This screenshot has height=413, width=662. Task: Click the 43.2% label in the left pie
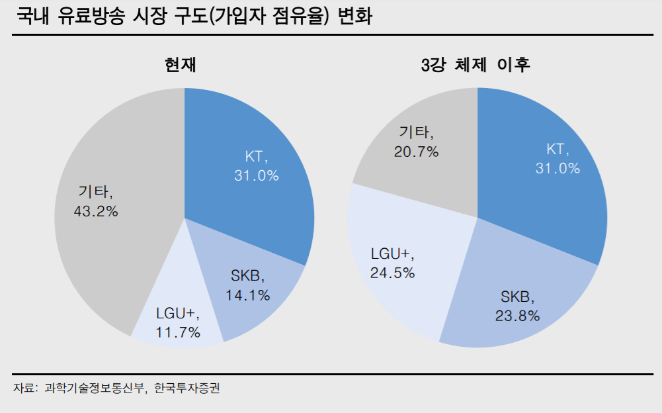[x=97, y=212]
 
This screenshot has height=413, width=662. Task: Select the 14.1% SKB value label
[x=247, y=295]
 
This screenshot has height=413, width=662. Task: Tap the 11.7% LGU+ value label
[x=178, y=332]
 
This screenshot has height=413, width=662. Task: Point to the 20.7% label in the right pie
[x=416, y=152]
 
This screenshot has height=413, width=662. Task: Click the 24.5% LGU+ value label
[x=392, y=272]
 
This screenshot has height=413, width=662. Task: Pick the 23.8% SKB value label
[x=517, y=315]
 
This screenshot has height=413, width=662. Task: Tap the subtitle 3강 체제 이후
[x=476, y=65]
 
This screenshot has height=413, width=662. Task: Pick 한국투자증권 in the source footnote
[x=186, y=389]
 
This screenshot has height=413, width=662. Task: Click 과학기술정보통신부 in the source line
[x=94, y=389]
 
